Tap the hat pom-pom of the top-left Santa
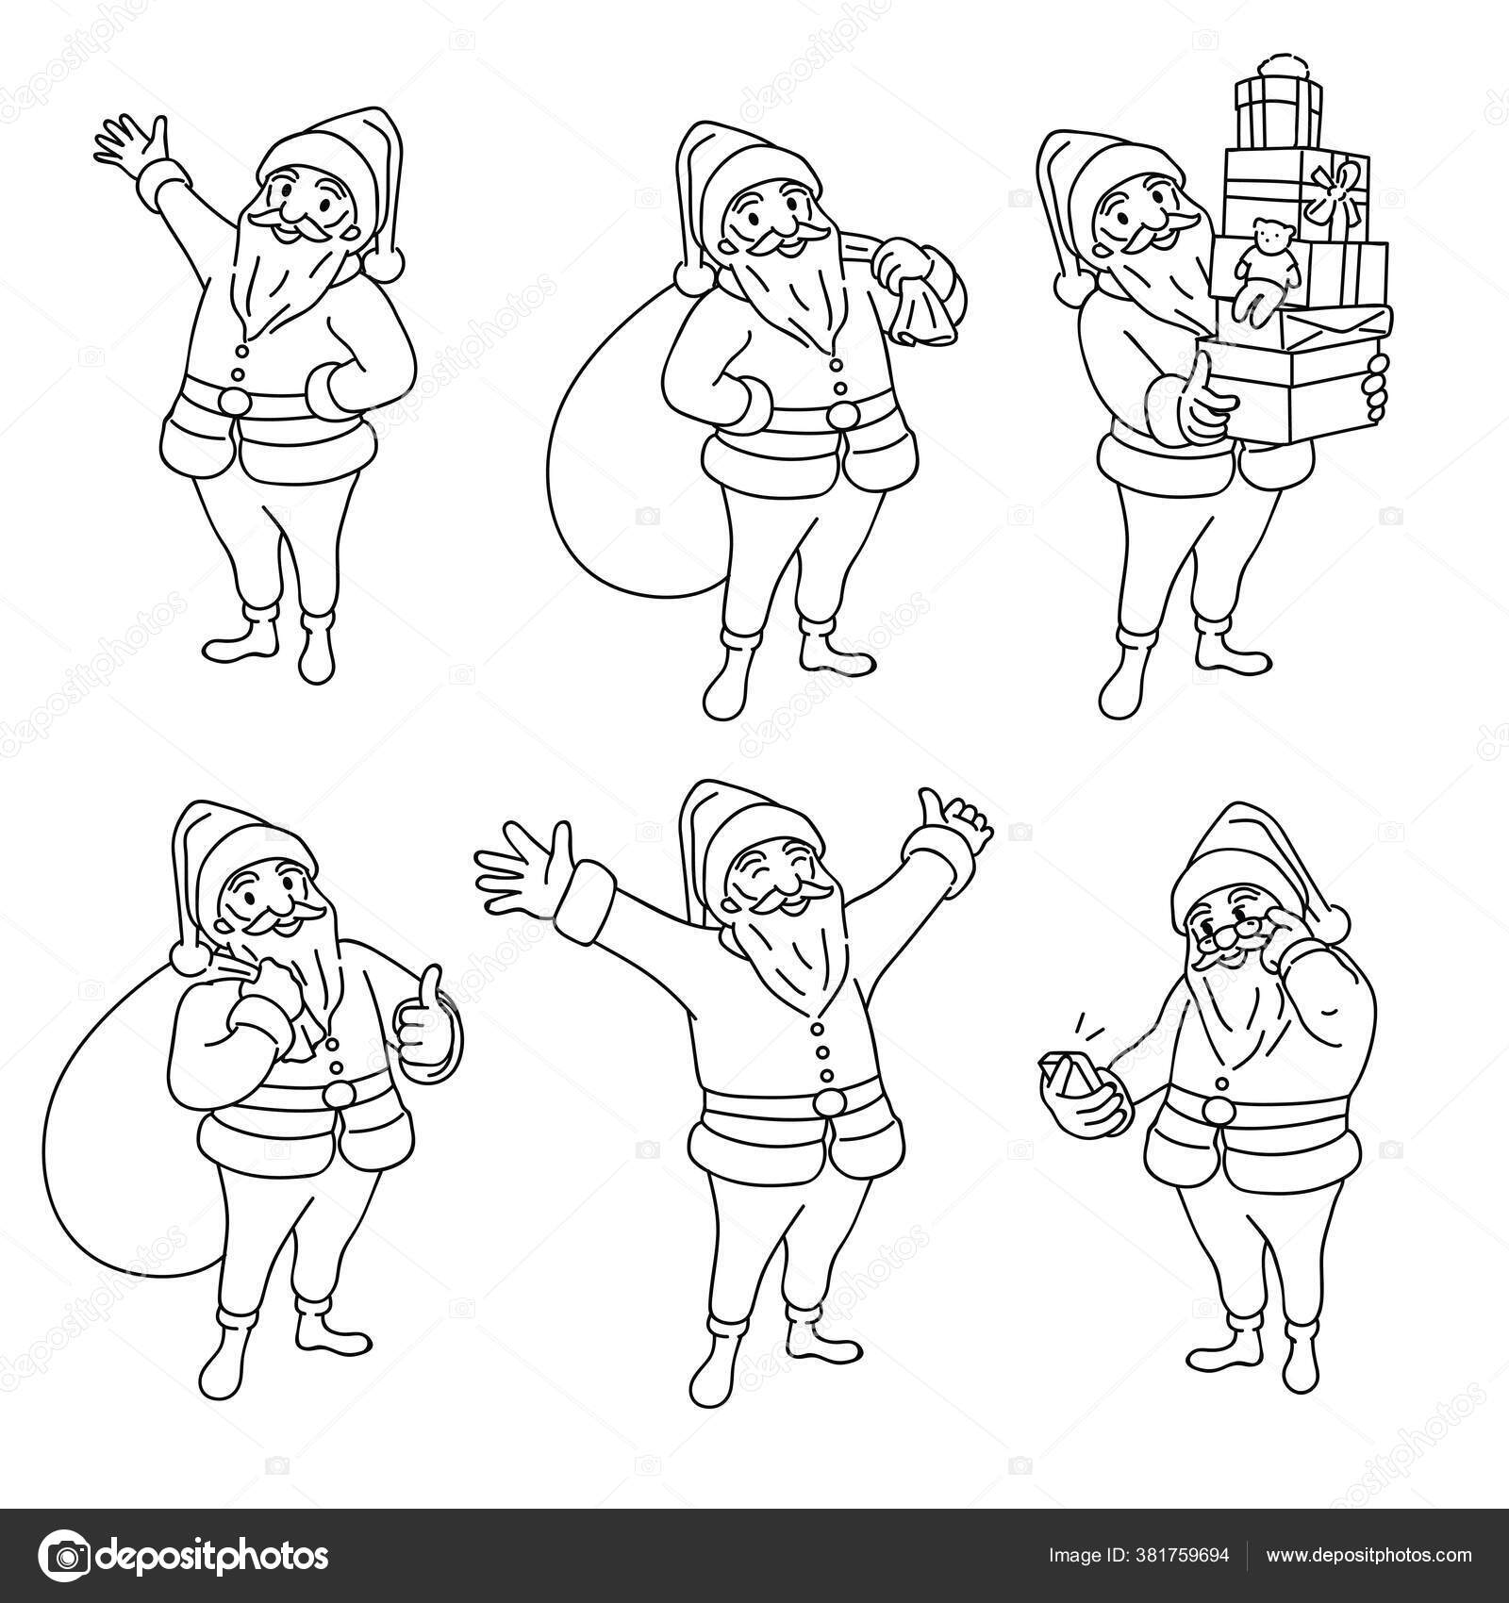(386, 263)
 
